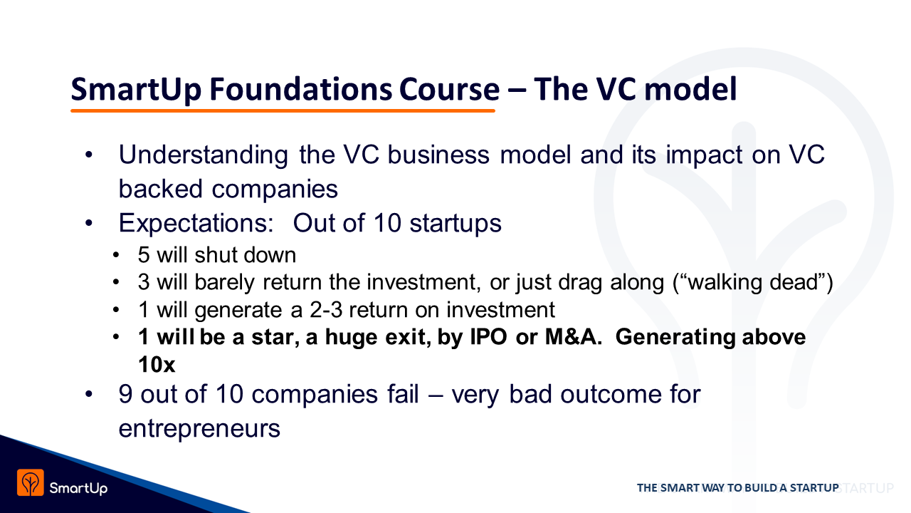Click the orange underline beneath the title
(283, 110)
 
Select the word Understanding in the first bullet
(204, 155)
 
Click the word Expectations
(196, 224)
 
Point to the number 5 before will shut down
(144, 255)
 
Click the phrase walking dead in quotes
(752, 282)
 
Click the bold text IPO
(488, 337)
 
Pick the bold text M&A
(574, 337)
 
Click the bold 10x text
(157, 364)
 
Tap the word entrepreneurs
(199, 429)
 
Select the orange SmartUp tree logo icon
(31, 482)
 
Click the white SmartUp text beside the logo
(78, 488)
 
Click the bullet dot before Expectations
(89, 223)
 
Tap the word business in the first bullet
(438, 155)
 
